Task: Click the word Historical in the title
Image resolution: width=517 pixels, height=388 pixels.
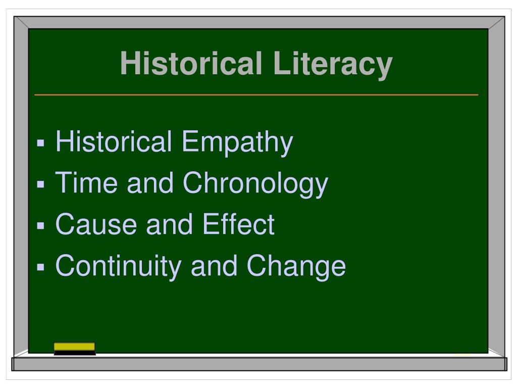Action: (191, 63)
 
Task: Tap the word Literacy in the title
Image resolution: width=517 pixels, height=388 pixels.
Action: (333, 65)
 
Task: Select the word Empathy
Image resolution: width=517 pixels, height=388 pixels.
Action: (237, 143)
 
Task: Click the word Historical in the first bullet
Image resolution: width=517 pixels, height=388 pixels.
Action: (114, 141)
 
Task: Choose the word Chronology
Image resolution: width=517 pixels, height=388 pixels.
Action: (255, 184)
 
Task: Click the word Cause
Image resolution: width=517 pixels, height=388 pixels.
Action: (96, 224)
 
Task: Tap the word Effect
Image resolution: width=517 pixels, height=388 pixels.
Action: (238, 224)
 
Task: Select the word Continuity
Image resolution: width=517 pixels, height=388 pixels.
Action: (118, 267)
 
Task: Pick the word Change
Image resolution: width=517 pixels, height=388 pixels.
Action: (296, 267)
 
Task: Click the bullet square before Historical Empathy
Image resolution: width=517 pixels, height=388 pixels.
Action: (41, 143)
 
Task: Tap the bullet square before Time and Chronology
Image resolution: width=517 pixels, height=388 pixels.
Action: (41, 184)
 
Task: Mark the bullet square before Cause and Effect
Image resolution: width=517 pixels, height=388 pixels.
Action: (41, 226)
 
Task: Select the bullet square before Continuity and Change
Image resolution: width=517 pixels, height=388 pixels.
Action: (41, 267)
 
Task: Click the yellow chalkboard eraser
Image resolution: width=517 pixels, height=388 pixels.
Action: (75, 349)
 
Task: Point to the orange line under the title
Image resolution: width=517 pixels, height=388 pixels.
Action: (256, 95)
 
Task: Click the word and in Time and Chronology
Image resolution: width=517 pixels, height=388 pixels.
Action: (150, 183)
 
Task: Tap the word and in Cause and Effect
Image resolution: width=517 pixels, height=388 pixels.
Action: (169, 224)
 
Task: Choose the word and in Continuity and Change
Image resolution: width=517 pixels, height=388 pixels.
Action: (214, 266)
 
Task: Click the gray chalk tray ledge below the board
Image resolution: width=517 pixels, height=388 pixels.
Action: (259, 364)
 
